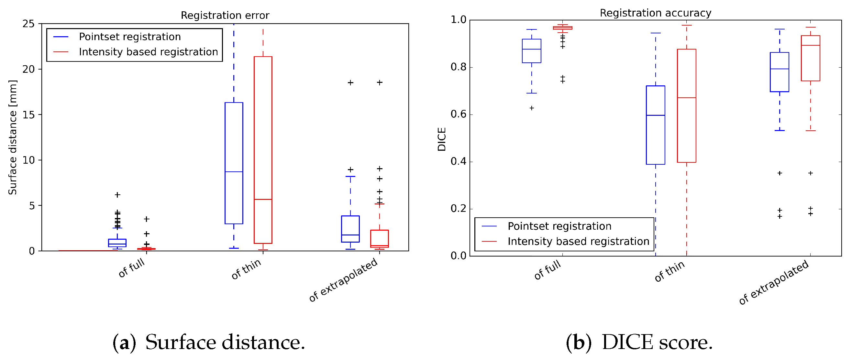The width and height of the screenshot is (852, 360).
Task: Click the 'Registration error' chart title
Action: coord(225,15)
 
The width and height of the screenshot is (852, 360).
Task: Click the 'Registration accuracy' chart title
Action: coord(655,13)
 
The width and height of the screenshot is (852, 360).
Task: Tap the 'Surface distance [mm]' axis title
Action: coord(13,137)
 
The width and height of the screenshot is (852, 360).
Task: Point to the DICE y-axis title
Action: coord(442,139)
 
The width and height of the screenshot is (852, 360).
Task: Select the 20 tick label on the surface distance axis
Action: coord(28,69)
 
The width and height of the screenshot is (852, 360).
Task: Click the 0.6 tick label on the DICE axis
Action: coord(458,115)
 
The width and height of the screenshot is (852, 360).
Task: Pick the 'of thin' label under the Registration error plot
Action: coord(246,268)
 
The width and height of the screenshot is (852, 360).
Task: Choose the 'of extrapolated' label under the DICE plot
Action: coord(774,282)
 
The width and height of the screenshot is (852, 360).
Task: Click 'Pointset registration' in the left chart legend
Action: coord(130,37)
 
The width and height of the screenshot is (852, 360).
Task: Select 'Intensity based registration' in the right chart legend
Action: coord(578,241)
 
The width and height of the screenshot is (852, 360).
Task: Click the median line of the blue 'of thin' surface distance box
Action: coord(234,172)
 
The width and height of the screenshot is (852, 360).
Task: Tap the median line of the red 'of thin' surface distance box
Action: coord(263,199)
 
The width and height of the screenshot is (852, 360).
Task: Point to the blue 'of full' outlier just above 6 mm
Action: coord(117,195)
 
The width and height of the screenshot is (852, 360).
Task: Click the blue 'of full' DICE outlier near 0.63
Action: coord(532,108)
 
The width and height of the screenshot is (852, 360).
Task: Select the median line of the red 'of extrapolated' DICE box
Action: coord(810,45)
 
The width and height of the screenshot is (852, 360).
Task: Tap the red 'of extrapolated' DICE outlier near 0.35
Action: coord(810,173)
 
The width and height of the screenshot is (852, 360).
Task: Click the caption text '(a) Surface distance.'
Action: coord(209,342)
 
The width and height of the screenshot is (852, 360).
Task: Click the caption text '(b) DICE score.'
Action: coord(639,342)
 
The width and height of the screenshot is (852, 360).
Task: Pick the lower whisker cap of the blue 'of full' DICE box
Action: coord(532,93)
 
